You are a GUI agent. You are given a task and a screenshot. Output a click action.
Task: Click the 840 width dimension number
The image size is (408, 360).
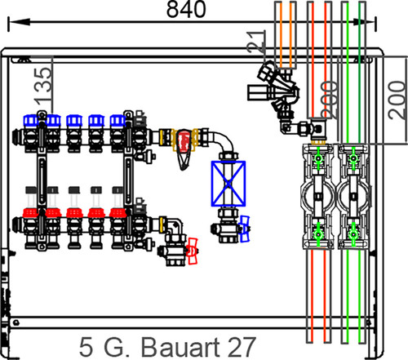tap(186, 10)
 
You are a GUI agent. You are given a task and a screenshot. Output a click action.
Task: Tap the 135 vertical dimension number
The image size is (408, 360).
tap(43, 87)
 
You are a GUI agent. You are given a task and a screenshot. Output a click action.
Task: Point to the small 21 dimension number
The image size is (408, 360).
tap(256, 42)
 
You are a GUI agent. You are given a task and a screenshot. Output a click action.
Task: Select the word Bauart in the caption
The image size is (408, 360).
tap(180, 347)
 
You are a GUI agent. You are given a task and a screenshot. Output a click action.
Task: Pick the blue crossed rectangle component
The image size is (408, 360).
tap(228, 184)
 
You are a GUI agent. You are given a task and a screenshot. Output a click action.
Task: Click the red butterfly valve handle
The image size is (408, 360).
tap(192, 251)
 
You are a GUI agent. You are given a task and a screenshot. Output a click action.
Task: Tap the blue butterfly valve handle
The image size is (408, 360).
tap(245, 229)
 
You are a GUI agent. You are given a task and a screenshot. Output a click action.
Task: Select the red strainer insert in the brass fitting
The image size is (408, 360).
tap(184, 141)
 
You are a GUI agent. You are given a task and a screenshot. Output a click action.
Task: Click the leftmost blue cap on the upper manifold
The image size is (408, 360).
tap(30, 121)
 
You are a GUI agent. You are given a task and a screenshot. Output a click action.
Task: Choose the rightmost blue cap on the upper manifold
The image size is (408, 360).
tap(118, 121)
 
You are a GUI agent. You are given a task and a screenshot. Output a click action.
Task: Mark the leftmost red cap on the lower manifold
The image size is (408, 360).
tap(30, 213)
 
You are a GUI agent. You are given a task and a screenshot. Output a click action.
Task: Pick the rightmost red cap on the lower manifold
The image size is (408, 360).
tap(118, 213)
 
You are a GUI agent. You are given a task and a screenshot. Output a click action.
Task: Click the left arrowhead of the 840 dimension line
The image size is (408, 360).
tap(19, 22)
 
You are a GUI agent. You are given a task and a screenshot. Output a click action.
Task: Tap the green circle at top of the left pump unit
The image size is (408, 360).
tap(318, 158)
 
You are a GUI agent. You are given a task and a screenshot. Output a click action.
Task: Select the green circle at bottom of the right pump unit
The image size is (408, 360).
tap(353, 233)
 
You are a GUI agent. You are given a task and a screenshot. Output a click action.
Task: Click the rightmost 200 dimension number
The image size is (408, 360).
tap(397, 100)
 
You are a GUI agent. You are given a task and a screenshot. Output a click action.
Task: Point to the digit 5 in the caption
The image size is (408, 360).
tap(86, 347)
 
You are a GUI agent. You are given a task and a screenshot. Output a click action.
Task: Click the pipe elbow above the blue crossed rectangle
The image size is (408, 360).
tap(223, 141)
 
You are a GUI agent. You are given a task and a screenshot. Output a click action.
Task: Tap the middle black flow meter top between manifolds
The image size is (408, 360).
tap(74, 190)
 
